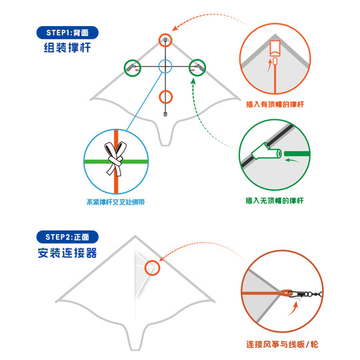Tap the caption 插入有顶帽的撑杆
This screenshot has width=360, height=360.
tap(275, 105)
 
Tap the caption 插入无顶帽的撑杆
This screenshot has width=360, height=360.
tap(275, 200)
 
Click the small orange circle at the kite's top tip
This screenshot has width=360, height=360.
tap(165, 40)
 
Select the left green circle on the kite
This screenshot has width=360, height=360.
tap(133, 67)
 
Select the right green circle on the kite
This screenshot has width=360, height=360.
tap(197, 67)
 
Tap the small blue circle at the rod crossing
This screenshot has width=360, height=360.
tap(165, 67)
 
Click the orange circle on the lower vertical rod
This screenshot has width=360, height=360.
tap(165, 96)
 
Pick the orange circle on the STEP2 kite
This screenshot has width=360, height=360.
tap(153, 267)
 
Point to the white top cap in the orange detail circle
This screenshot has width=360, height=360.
tap(275, 49)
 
